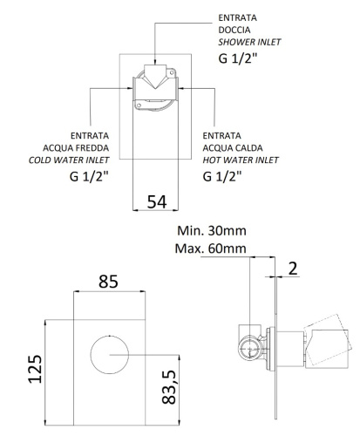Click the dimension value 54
tap(157, 201)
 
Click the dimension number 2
tap(294, 267)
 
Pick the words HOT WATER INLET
tap(241, 160)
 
